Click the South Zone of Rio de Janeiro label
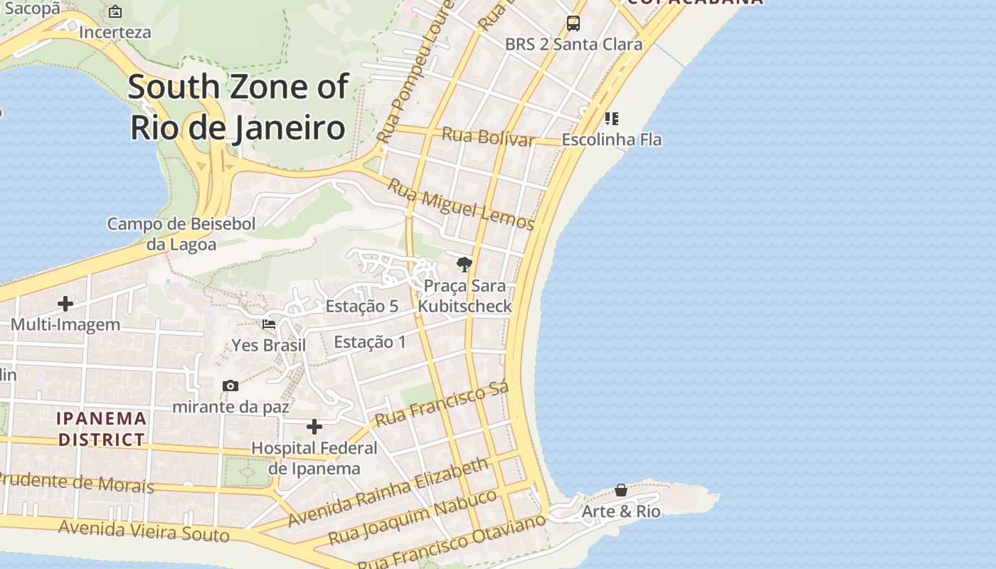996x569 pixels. click(238, 107)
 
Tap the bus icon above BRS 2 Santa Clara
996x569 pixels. click(573, 23)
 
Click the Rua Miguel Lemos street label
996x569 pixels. click(460, 204)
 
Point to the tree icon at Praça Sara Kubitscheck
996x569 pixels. click(465, 265)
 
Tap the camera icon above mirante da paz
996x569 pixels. click(231, 385)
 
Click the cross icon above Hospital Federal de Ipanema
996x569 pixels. click(314, 427)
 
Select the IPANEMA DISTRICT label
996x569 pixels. click(102, 429)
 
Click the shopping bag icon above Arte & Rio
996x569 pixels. click(621, 490)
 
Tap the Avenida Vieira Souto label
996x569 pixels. click(144, 530)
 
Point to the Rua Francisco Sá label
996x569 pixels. click(443, 404)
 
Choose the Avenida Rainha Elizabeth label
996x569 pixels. click(388, 492)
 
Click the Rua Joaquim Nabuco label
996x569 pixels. click(412, 516)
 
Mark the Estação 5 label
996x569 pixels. click(361, 307)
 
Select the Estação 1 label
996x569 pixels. click(370, 342)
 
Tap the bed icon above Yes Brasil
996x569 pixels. click(269, 324)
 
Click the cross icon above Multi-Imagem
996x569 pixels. click(65, 304)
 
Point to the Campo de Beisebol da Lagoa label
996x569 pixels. click(181, 234)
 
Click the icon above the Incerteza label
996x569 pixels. click(115, 11)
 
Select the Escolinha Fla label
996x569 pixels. click(612, 139)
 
